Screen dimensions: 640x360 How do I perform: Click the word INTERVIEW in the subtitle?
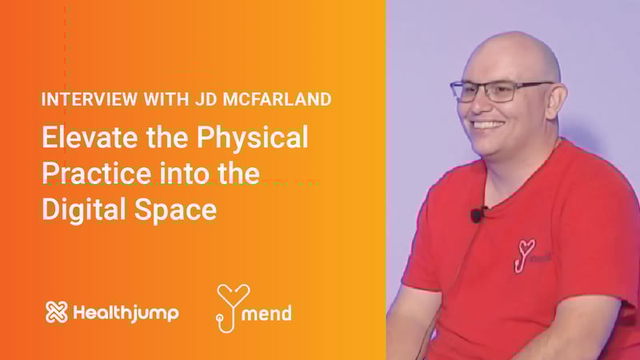click(90, 99)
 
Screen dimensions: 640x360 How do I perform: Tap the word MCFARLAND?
click(277, 99)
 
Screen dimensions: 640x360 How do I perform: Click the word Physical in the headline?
click(252, 138)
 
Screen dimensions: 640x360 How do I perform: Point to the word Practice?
click(96, 173)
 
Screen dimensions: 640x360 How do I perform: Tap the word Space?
click(175, 210)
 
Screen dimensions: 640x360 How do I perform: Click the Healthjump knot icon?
click(56, 312)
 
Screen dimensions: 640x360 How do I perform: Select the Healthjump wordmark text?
click(126, 313)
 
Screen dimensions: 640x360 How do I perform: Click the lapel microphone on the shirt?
click(476, 214)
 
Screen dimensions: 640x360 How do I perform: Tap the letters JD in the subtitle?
click(206, 99)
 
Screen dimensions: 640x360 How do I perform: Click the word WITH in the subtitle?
click(166, 99)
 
